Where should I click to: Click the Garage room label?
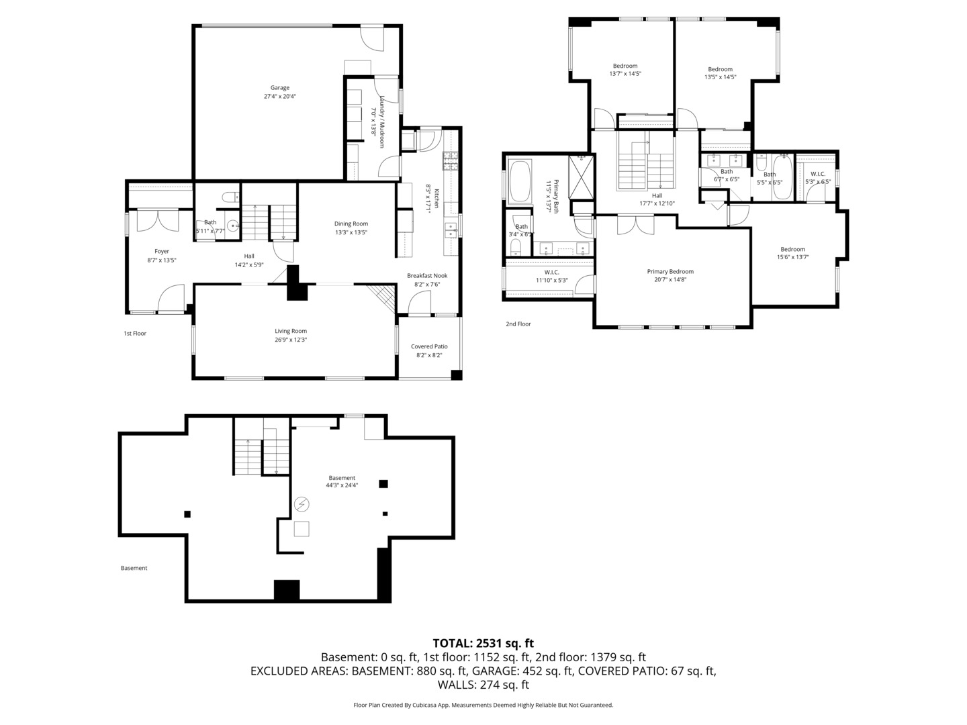pyautogui.click(x=280, y=88)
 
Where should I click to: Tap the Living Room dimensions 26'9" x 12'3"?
pyautogui.click(x=291, y=340)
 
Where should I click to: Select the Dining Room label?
pyautogui.click(x=351, y=224)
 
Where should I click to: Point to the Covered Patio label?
pyautogui.click(x=429, y=346)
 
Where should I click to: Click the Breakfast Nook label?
pyautogui.click(x=427, y=276)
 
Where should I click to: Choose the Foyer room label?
pyautogui.click(x=162, y=252)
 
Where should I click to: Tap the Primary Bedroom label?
pyautogui.click(x=670, y=272)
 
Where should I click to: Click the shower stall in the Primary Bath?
pyautogui.click(x=581, y=177)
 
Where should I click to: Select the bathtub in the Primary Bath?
pyautogui.click(x=520, y=181)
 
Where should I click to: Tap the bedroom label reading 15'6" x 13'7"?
pyautogui.click(x=792, y=257)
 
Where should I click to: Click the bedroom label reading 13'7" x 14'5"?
pyautogui.click(x=625, y=74)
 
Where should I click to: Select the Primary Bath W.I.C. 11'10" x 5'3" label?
pyautogui.click(x=551, y=280)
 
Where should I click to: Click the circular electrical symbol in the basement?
pyautogui.click(x=302, y=503)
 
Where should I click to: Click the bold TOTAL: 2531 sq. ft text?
pyautogui.click(x=483, y=643)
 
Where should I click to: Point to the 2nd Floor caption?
pyautogui.click(x=518, y=324)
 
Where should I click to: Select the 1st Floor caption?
pyautogui.click(x=135, y=334)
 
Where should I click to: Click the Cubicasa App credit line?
pyautogui.click(x=483, y=705)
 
